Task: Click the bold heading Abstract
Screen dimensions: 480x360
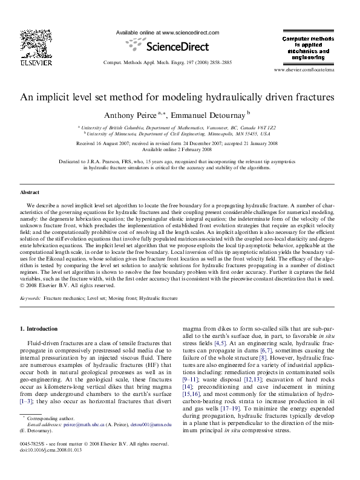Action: [x=30, y=192]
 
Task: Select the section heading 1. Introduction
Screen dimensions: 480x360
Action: [x=39, y=329]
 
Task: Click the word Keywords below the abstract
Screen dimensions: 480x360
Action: [x=30, y=298]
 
